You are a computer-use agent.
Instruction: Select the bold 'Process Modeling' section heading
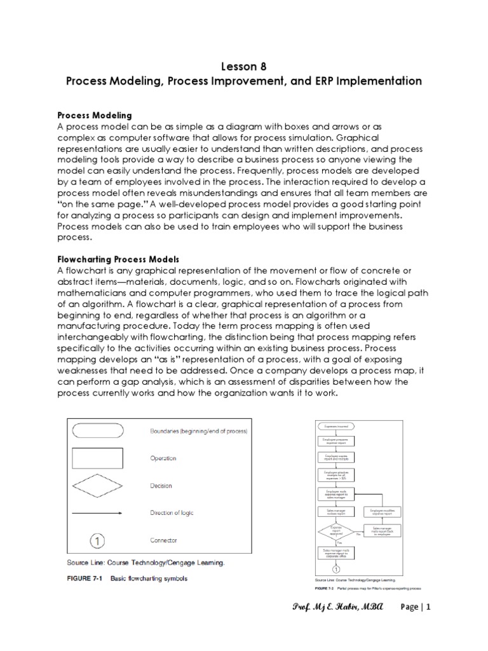(x=95, y=115)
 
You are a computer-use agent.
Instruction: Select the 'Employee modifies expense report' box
(x=385, y=512)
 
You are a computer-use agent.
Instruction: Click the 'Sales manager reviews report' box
(x=337, y=512)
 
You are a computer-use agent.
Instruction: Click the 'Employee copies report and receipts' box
(x=337, y=458)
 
